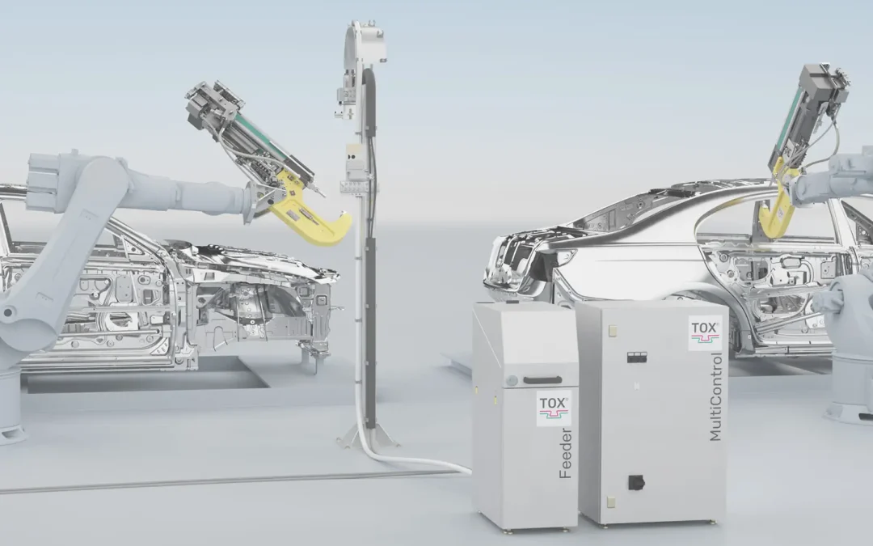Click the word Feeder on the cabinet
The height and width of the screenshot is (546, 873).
(566, 454)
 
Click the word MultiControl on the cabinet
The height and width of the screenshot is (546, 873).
(715, 396)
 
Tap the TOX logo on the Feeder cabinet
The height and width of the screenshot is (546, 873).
(554, 408)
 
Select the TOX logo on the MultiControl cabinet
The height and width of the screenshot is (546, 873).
(705, 333)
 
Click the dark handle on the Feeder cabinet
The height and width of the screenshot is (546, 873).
(542, 380)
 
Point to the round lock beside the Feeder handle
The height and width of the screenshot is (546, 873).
(512, 381)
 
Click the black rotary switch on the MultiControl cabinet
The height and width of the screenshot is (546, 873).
(636, 482)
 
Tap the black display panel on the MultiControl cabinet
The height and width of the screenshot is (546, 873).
(637, 358)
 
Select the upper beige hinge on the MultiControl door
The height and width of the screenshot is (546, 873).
(613, 330)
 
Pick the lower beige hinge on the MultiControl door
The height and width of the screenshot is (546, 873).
(612, 502)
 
